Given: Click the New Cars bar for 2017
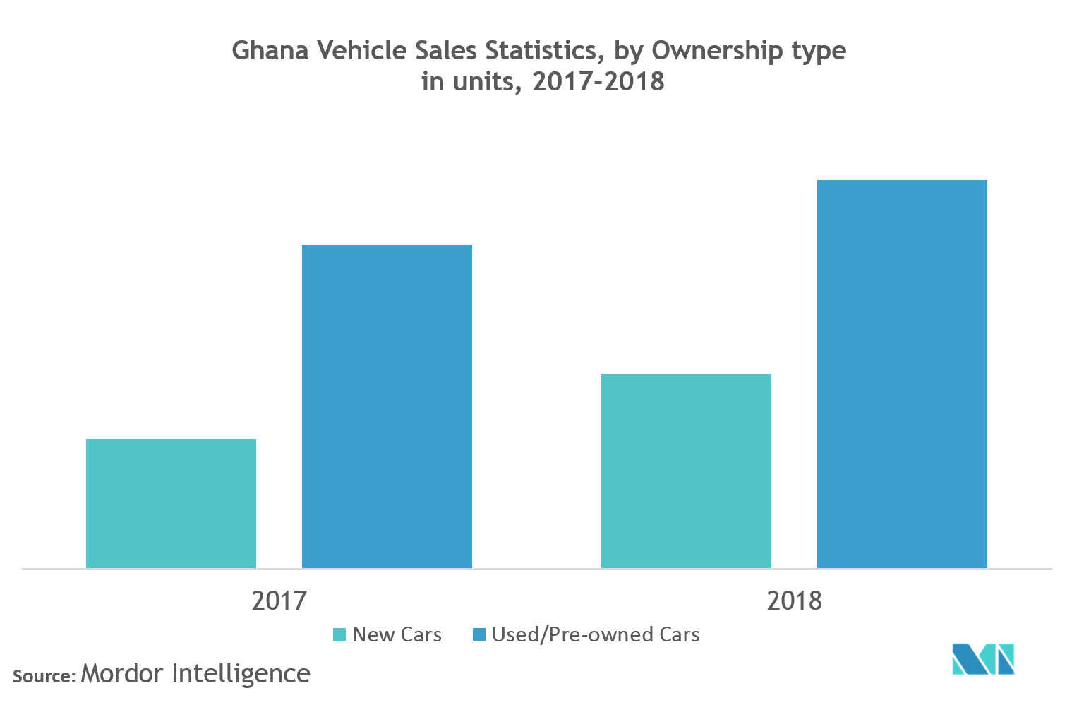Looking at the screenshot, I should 171,503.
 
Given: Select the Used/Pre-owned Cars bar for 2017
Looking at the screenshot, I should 387,406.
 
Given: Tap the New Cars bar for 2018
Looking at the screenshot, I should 686,471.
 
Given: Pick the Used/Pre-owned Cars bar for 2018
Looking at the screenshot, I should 902,374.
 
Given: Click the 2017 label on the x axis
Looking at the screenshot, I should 279,601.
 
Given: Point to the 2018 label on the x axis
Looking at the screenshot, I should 794,601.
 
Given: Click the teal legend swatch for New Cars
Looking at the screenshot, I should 339,634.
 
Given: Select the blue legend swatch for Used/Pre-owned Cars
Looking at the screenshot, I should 479,634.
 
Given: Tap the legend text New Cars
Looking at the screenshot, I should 397,634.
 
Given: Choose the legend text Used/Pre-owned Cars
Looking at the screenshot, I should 596,634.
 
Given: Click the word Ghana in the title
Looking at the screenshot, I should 270,51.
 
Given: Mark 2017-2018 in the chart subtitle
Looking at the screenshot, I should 598,82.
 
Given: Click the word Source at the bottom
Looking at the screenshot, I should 43,676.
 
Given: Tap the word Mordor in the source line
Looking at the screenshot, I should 122,673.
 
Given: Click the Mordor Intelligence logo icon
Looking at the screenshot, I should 982,658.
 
